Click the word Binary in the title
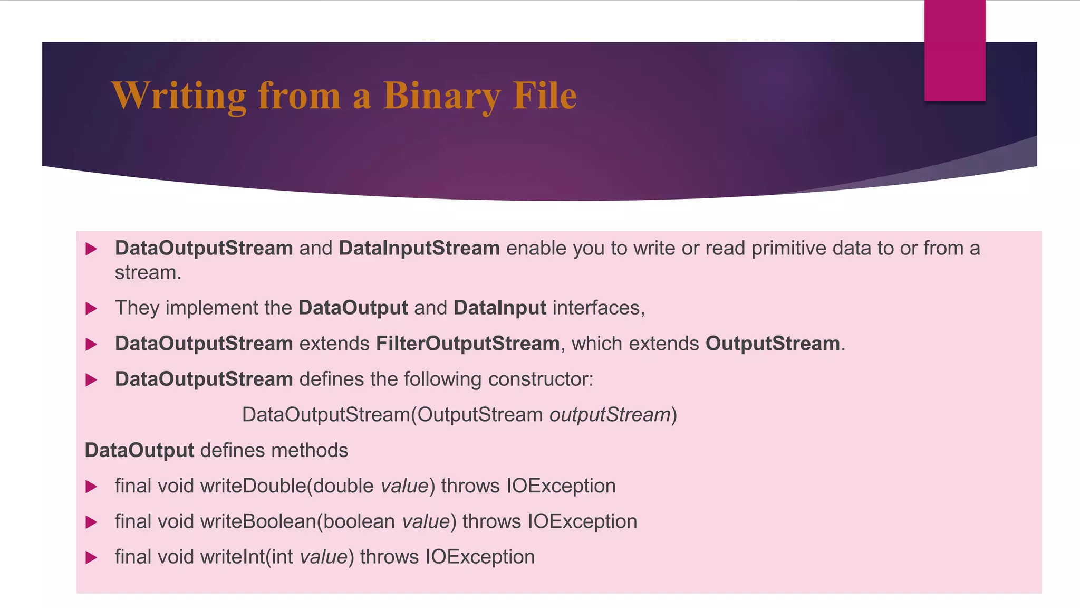tap(442, 96)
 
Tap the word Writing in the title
tap(179, 96)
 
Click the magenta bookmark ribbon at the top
tap(954, 51)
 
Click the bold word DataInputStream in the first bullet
tap(419, 248)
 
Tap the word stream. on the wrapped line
tap(148, 273)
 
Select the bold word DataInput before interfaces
tap(499, 308)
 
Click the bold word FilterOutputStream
tap(468, 344)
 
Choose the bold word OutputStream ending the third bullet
tap(773, 344)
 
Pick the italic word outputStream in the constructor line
tap(610, 415)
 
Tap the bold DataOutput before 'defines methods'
tap(139, 450)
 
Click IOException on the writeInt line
tap(480, 557)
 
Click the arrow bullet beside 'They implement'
tap(92, 308)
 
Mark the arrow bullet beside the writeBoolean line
tap(92, 522)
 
